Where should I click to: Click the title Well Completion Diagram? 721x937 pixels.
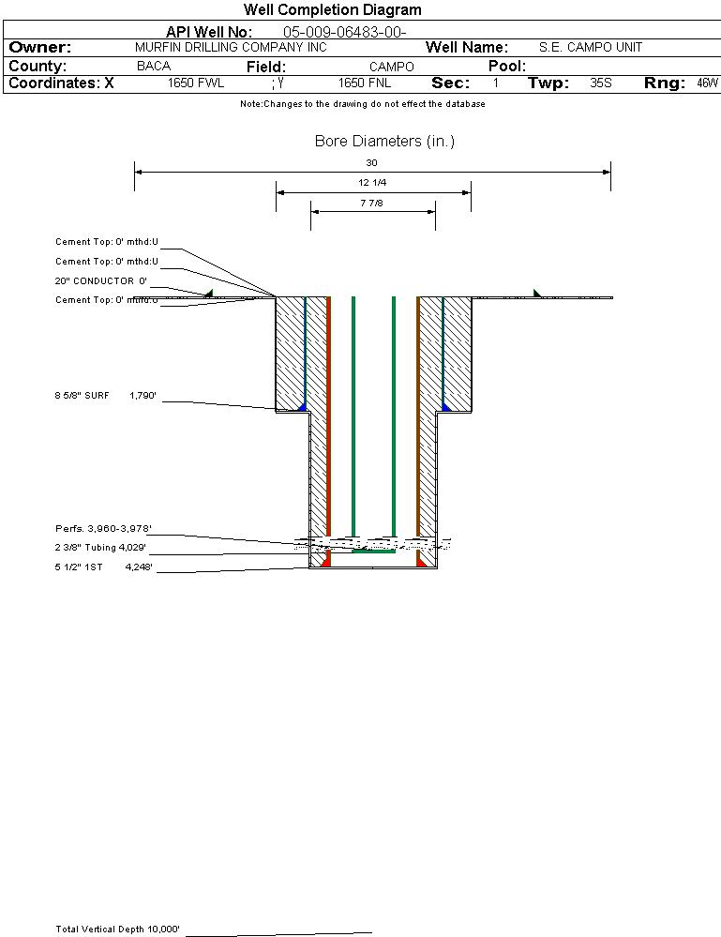click(x=332, y=10)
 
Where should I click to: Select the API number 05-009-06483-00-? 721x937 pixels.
click(x=344, y=32)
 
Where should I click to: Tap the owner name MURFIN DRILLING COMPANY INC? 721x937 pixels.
click(x=231, y=47)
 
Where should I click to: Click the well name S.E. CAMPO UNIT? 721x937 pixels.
click(x=591, y=47)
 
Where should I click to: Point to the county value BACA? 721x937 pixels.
click(x=154, y=67)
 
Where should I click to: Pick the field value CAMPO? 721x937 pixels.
click(x=391, y=67)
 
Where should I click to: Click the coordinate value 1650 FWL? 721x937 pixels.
click(x=196, y=83)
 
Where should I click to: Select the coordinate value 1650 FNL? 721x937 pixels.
click(x=364, y=83)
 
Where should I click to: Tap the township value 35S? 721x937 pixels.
click(x=601, y=83)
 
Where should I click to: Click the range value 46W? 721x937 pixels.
click(x=707, y=83)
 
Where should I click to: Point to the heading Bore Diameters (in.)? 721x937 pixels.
click(x=384, y=142)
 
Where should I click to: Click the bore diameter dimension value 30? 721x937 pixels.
click(x=372, y=162)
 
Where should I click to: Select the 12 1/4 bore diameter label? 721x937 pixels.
click(x=372, y=182)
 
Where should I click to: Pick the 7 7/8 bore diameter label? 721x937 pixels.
click(x=372, y=203)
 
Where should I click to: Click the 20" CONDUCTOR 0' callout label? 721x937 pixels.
click(x=101, y=280)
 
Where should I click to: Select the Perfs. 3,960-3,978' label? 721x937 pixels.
click(x=103, y=530)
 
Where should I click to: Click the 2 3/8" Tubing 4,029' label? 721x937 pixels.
click(x=100, y=548)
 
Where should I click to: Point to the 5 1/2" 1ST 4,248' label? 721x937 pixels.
click(x=103, y=567)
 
